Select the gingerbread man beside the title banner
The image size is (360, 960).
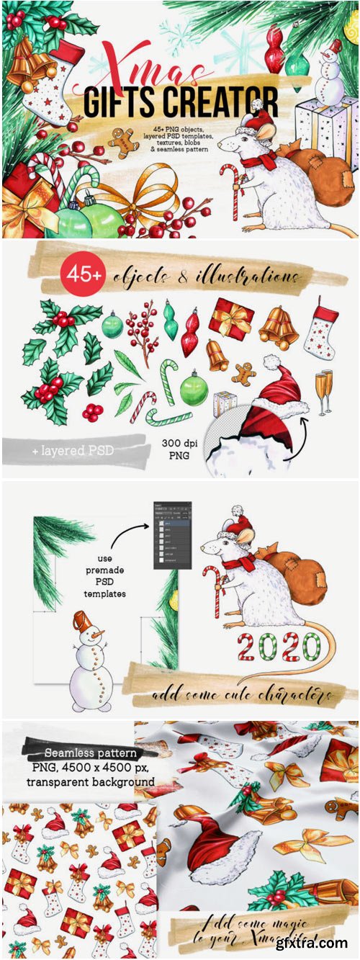pos(124,142)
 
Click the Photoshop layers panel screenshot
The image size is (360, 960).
pos(173,535)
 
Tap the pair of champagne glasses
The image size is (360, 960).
pos(324,392)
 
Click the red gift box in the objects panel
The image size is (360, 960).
pos(231,319)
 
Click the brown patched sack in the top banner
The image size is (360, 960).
pos(312,177)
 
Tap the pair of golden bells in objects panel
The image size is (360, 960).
pos(278,328)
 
